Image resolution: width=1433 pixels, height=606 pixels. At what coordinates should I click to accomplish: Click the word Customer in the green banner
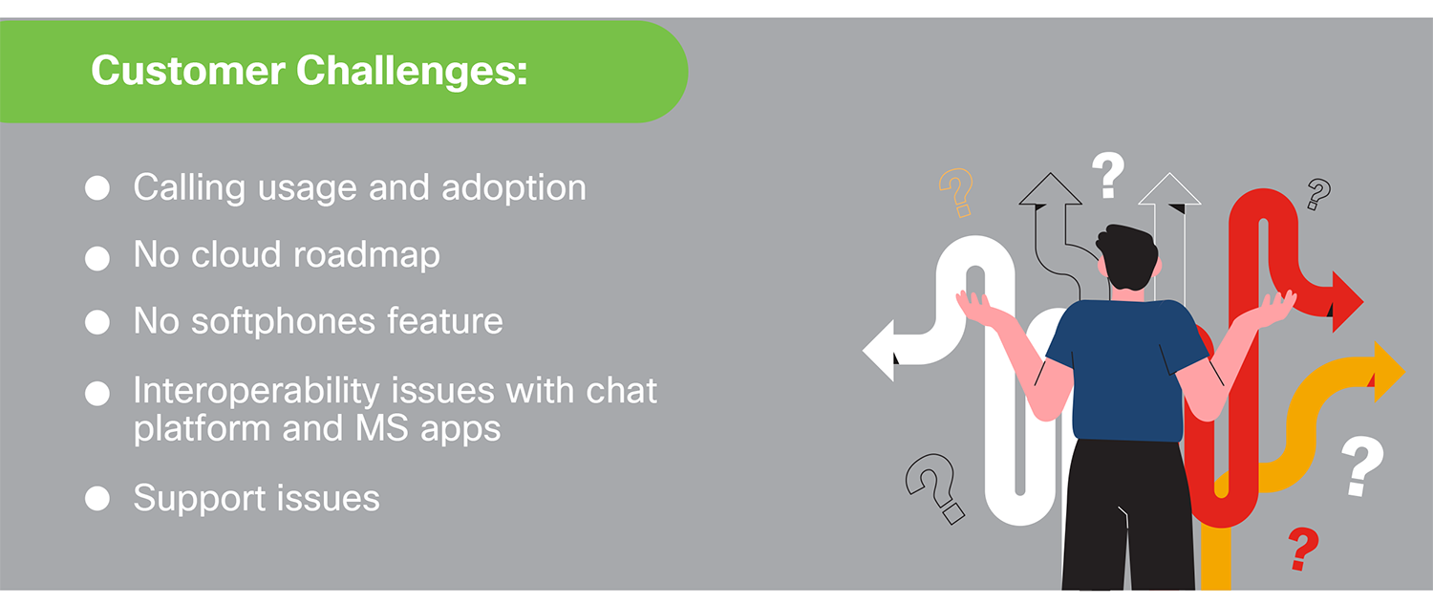188,71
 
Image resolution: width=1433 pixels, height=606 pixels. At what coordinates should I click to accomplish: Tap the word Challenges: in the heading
412,71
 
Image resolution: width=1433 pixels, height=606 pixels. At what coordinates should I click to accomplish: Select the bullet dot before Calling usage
97,188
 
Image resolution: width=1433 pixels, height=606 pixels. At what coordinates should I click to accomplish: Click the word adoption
514,188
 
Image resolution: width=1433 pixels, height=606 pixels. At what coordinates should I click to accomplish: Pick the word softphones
283,322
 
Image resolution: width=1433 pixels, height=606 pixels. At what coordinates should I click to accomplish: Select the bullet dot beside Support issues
97,499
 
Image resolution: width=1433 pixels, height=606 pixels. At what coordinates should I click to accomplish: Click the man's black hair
1127,257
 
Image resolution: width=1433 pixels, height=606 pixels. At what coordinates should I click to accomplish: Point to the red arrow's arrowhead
1347,301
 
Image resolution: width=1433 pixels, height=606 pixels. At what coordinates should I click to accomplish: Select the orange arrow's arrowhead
1388,372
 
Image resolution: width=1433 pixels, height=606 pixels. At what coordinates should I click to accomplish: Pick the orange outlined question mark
956,191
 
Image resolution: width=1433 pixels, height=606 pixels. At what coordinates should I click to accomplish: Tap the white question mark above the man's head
1108,174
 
